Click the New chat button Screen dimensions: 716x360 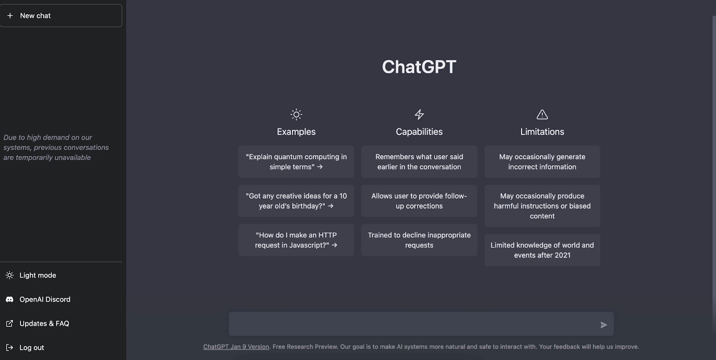point(61,16)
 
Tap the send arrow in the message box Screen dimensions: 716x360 point(604,325)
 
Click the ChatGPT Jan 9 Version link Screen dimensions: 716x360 point(236,347)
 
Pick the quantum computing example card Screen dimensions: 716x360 point(296,161)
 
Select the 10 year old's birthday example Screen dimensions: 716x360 point(296,201)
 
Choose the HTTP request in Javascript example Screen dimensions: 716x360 point(296,240)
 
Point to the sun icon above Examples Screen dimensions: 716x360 point(296,114)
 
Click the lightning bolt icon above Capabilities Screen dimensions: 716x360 point(419,114)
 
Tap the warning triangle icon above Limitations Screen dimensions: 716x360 point(542,114)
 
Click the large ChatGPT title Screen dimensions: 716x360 point(419,67)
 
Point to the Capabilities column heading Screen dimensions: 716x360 point(419,131)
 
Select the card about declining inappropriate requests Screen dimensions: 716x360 point(419,240)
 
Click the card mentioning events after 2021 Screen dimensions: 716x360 point(542,250)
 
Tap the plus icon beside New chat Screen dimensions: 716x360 point(10,16)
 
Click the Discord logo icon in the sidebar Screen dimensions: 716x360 point(9,299)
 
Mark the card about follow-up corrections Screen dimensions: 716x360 point(419,201)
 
